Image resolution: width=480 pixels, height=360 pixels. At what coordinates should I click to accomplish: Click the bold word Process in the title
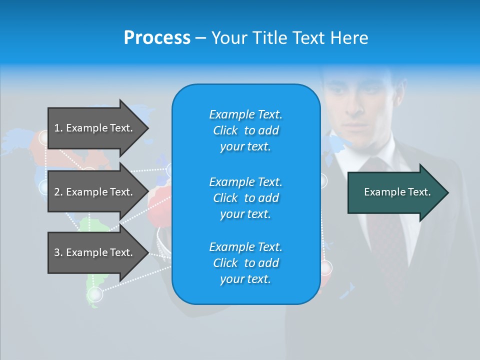coord(157,38)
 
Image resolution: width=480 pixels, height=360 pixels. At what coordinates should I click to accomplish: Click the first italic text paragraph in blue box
coord(245,130)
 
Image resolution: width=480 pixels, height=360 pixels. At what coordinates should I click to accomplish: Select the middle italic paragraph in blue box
coord(245,198)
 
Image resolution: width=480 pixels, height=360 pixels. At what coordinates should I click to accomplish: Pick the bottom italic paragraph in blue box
coord(245,263)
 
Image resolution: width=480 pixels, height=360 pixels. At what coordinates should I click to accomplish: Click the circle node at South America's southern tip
coord(94,294)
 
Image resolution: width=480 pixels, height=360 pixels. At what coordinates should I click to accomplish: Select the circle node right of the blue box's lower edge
coord(326,268)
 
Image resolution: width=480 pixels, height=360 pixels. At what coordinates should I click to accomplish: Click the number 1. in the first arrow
coord(58,128)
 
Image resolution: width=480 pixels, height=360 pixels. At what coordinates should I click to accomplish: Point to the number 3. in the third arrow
coord(58,252)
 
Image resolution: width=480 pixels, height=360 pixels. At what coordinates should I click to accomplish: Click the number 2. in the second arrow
coord(58,192)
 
